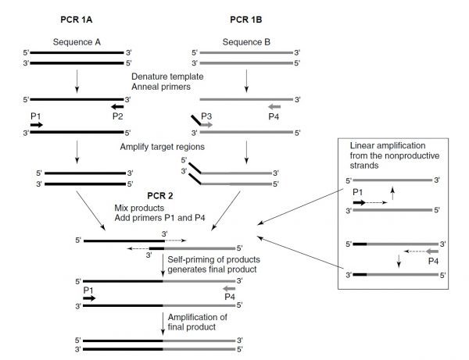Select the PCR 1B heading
tap(246, 17)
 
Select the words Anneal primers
tap(160, 87)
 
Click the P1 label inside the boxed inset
tap(359, 191)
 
